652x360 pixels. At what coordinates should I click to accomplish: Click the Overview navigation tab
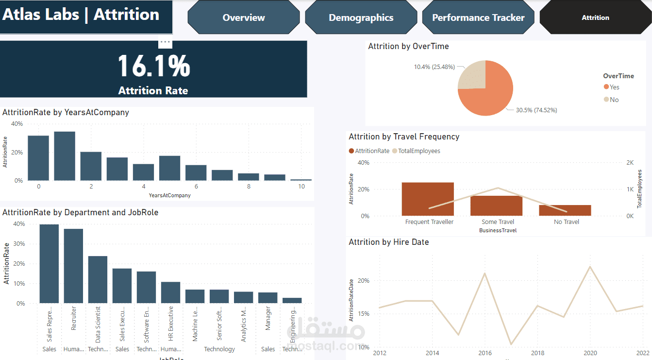[244, 17]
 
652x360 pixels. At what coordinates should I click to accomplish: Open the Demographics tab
[361, 17]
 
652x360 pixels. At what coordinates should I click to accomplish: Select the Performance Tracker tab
[478, 17]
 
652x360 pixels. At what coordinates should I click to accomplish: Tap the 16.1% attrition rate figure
[153, 66]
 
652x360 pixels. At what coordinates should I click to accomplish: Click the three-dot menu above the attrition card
[165, 42]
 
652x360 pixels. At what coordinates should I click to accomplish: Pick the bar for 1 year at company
[65, 156]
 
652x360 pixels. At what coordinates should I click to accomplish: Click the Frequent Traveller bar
[428, 199]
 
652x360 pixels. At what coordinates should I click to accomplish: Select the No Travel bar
[565, 210]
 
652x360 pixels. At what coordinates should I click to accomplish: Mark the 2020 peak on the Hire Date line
[590, 266]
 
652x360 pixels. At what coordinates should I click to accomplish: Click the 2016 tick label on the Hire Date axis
[485, 353]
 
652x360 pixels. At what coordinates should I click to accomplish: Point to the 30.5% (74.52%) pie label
[536, 110]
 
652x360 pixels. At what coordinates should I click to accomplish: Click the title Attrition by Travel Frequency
[404, 137]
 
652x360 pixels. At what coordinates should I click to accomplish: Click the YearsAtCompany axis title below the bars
[170, 195]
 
